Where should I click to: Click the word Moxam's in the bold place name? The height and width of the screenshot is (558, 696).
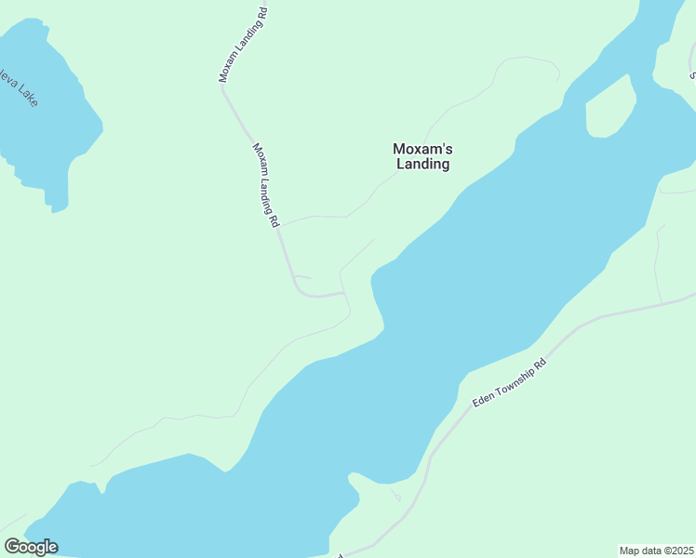(422, 149)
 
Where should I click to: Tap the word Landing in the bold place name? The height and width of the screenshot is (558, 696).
(422, 165)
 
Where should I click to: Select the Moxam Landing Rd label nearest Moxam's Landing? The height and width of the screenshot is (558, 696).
(266, 186)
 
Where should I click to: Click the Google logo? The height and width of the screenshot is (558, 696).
(31, 547)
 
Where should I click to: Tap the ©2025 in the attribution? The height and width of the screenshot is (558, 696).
(676, 550)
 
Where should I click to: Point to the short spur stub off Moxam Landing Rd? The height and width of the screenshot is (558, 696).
(303, 277)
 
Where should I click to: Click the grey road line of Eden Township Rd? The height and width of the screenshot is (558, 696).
(596, 321)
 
